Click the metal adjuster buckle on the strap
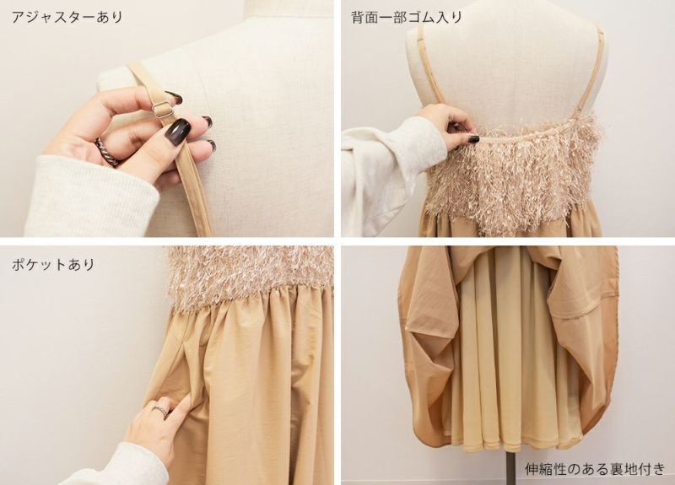coord(163,110)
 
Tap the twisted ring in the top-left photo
coord(108,152)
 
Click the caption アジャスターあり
coord(67,17)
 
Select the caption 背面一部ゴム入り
coord(407,17)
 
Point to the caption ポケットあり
coord(53,264)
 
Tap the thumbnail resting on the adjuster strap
coord(178,128)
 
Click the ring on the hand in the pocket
coord(161,408)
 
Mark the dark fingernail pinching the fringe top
coord(473,139)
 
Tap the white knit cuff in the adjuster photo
coord(86,196)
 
